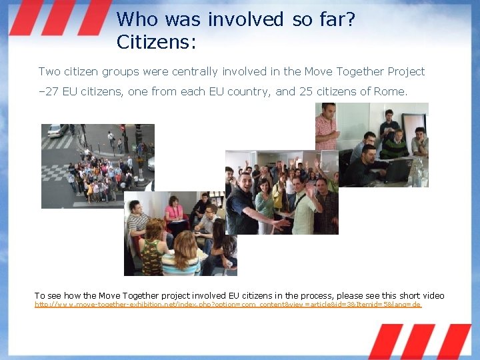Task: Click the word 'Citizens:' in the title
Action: tap(156, 42)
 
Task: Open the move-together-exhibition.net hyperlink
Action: tap(227, 305)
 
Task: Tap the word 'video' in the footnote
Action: tap(430, 295)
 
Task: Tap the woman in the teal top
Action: tap(265, 200)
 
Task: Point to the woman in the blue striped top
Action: tap(180, 257)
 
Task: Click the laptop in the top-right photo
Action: tap(398, 171)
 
